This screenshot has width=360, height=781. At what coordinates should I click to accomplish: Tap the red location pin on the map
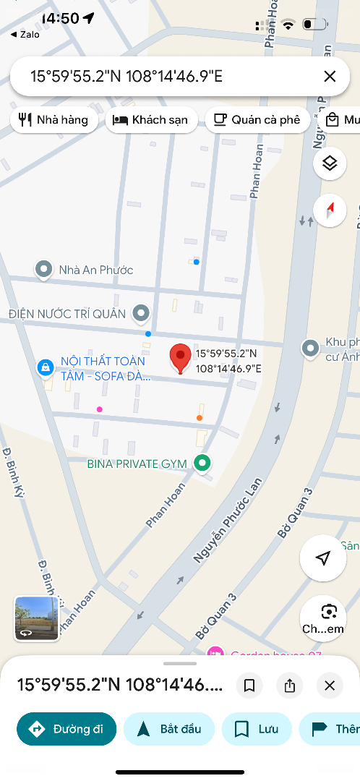click(x=180, y=357)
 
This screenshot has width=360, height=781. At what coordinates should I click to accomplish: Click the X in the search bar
click(x=330, y=76)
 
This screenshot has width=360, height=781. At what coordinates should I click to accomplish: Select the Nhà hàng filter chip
click(x=54, y=120)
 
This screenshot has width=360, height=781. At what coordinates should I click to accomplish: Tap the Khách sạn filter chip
click(x=151, y=120)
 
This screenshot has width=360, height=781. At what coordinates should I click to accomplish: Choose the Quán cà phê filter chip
click(x=258, y=120)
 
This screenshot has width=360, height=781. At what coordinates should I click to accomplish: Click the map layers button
click(x=330, y=163)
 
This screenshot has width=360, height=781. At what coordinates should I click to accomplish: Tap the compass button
click(x=330, y=210)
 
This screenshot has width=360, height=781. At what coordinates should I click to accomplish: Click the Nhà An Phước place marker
click(x=44, y=270)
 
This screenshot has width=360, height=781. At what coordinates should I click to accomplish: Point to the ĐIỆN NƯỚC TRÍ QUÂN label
click(x=67, y=314)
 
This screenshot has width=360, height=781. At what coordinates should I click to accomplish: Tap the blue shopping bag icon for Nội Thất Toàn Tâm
click(x=46, y=367)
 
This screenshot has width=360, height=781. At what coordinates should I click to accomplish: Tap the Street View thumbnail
click(x=36, y=618)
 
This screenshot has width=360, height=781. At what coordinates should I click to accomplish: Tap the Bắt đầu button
click(x=169, y=729)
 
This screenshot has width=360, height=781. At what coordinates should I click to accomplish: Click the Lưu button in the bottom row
click(x=257, y=729)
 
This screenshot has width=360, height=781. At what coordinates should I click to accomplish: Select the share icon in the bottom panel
click(x=290, y=686)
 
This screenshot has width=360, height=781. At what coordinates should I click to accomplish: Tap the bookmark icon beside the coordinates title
click(x=249, y=686)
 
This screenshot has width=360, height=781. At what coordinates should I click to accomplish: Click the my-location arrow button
click(x=323, y=558)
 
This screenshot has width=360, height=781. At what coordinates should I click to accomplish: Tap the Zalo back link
click(x=25, y=34)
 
